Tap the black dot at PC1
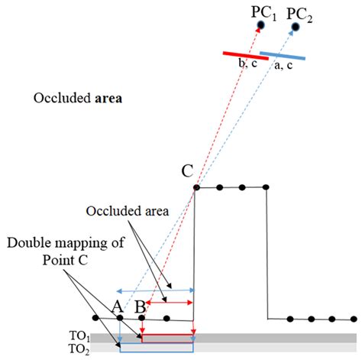[260, 26]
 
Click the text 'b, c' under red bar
[248, 66]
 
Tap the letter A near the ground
[118, 306]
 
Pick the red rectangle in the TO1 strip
[167, 337]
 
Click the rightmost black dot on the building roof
[267, 187]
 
